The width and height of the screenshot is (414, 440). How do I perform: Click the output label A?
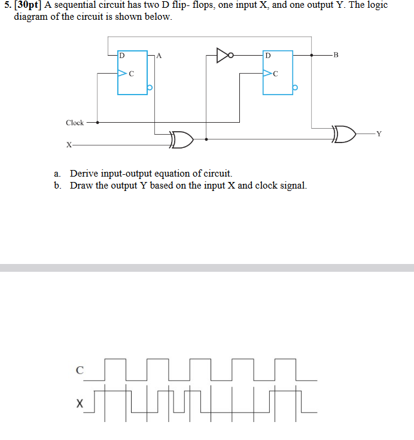tap(159, 56)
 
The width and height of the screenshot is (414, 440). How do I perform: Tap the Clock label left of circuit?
tap(75, 123)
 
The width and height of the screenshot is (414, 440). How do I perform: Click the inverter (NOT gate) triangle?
tap(222, 56)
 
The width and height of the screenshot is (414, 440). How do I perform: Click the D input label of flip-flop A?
tap(122, 56)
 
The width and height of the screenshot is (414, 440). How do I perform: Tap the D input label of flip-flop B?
tap(267, 56)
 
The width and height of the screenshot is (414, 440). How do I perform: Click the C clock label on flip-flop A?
tap(131, 74)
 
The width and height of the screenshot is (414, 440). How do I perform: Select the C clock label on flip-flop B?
tap(275, 75)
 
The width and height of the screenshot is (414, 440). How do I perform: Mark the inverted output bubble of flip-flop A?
tap(150, 88)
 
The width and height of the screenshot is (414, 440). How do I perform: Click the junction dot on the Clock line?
tap(98, 122)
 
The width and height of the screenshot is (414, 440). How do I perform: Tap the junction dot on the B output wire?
tap(311, 56)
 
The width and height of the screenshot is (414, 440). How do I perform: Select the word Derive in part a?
tap(84, 174)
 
